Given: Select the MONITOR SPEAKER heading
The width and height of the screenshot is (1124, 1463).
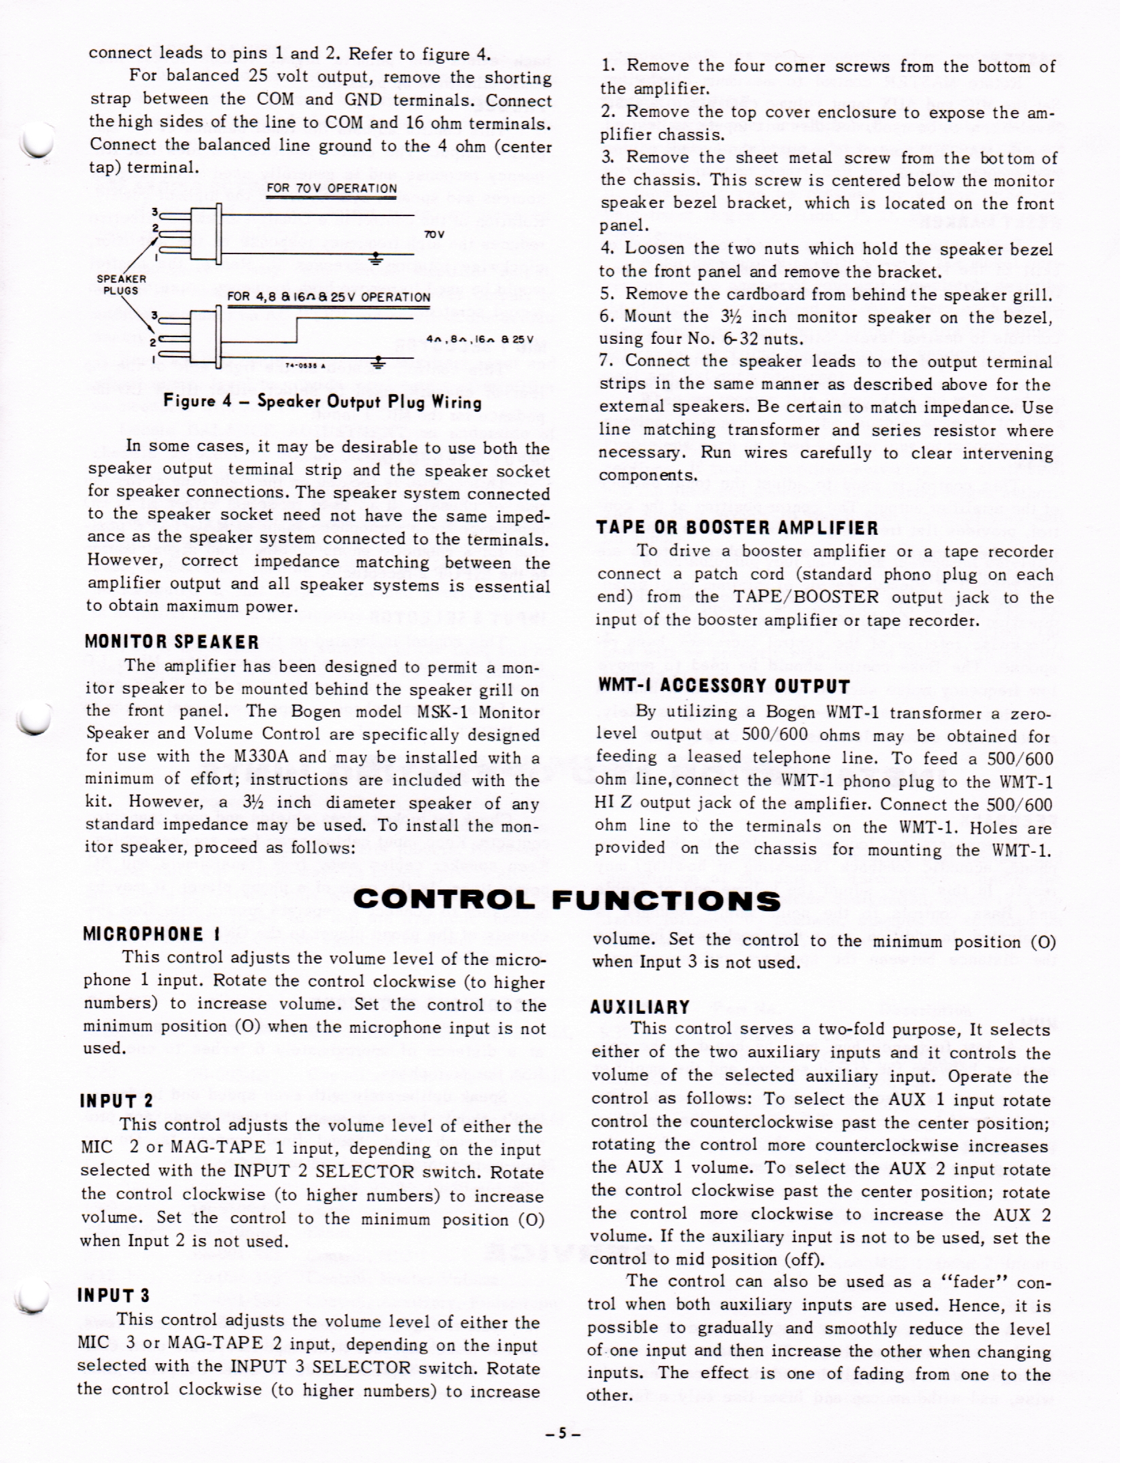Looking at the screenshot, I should tap(172, 641).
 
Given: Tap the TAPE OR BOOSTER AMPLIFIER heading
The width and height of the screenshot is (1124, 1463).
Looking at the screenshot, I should tap(737, 527).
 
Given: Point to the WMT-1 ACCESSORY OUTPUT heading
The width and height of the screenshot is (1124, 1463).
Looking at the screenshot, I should tap(724, 686).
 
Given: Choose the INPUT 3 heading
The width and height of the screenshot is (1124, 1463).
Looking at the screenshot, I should tap(114, 1295).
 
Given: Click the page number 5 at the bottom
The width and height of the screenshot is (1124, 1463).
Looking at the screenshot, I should tap(561, 1434).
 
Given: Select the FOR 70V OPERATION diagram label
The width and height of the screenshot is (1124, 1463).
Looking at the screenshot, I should tap(332, 188).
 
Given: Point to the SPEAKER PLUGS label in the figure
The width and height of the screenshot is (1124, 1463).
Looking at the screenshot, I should tap(121, 285).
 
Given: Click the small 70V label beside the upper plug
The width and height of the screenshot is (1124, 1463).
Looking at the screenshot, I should tap(434, 234).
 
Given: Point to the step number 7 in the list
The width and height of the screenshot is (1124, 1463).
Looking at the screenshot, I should tap(605, 362).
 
